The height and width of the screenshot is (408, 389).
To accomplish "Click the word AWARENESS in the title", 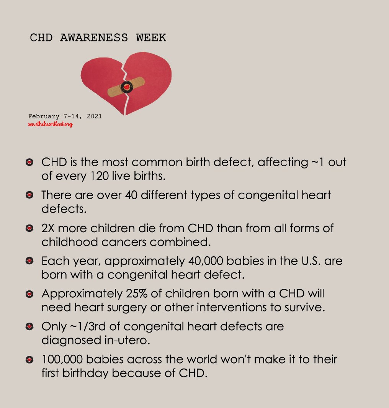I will click(x=94, y=38).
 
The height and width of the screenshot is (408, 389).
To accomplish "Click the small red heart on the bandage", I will click(x=126, y=87).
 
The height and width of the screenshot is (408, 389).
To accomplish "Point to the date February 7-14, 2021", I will click(x=65, y=116).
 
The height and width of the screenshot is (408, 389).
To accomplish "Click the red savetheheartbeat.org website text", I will click(x=51, y=125).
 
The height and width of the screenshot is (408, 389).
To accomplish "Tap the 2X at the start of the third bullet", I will click(x=49, y=228).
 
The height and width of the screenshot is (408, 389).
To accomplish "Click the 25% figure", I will click(x=137, y=294).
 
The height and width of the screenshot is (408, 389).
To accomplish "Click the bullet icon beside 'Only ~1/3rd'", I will click(x=29, y=327).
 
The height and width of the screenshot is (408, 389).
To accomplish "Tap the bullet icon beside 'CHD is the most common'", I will click(x=29, y=162).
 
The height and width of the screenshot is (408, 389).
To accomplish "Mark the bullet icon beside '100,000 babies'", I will click(x=29, y=360).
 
